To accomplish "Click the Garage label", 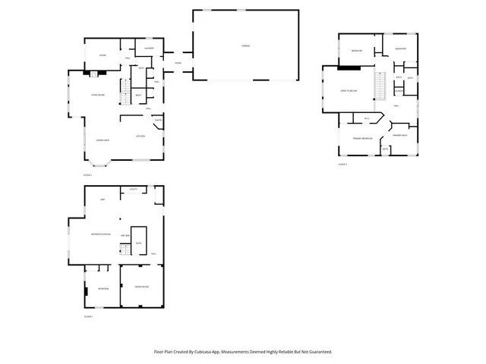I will click(x=246, y=45).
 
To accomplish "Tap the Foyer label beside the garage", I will click(x=178, y=62).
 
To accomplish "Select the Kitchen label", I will click(x=140, y=136).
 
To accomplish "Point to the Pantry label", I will click(x=158, y=121).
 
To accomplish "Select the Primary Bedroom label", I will click(x=362, y=139).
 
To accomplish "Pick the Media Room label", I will click(x=141, y=287).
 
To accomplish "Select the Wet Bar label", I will click(x=125, y=237).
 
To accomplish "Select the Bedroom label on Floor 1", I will click(x=103, y=288).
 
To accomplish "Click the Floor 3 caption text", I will click(x=342, y=164).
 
